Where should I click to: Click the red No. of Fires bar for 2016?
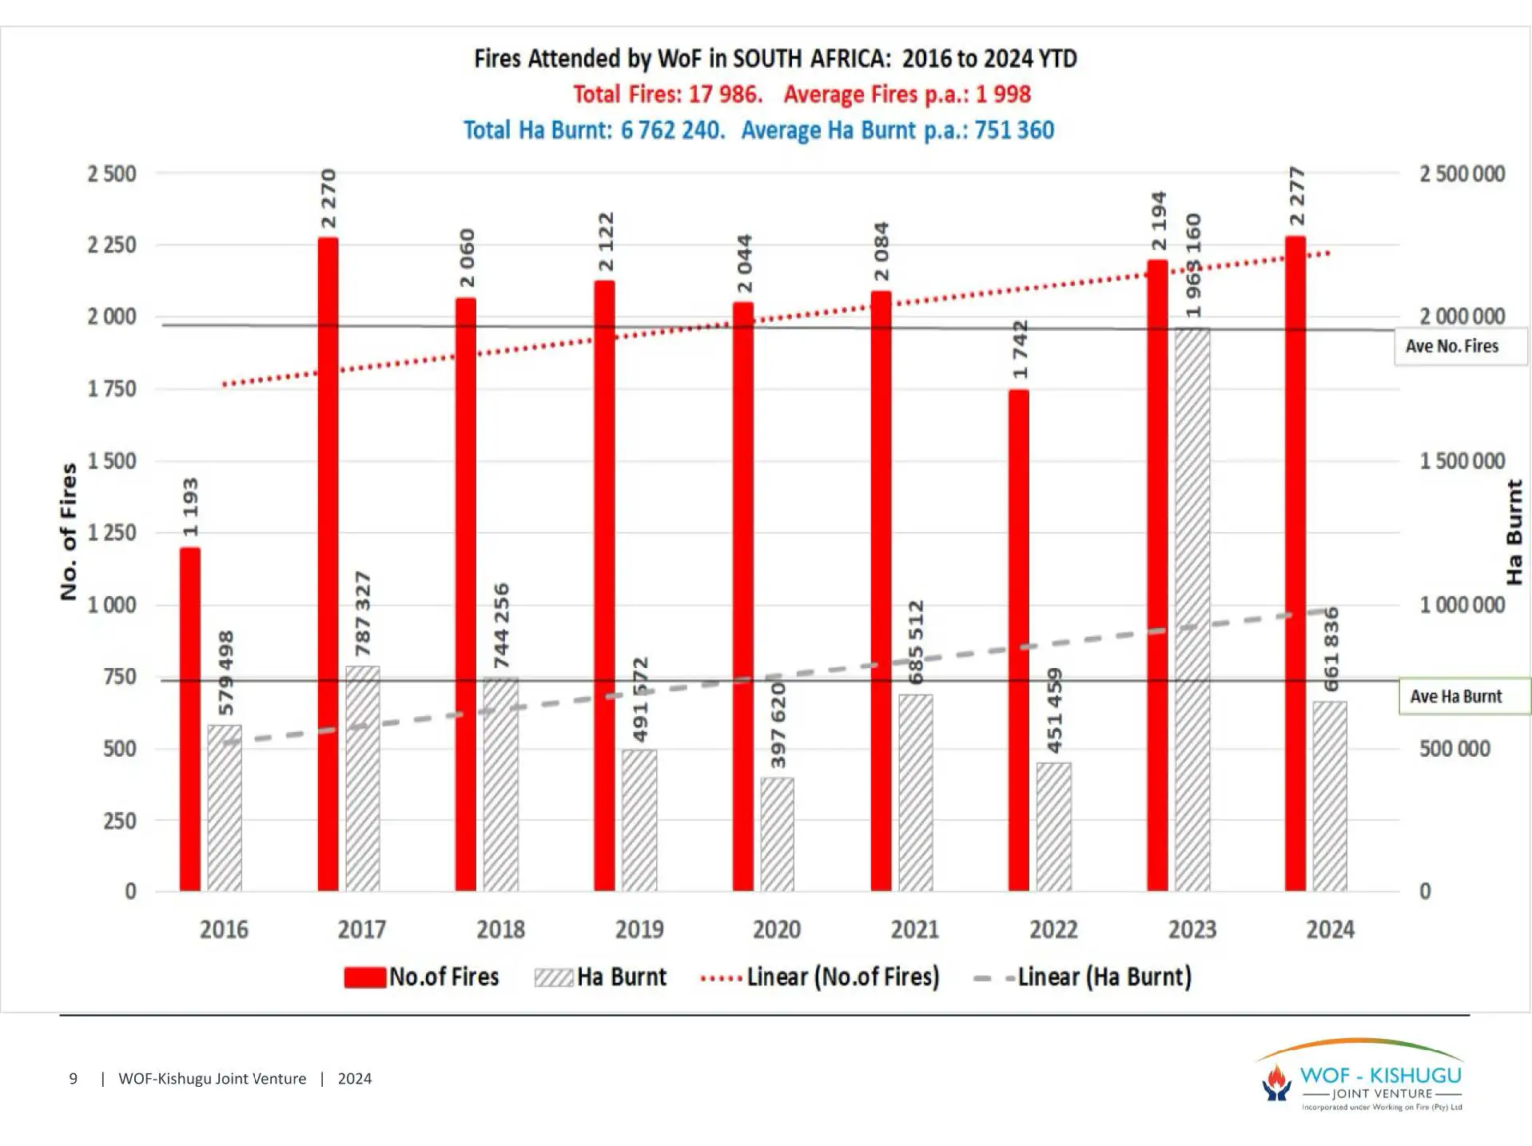189,719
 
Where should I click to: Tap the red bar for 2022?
1018,639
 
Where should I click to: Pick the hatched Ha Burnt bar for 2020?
777,834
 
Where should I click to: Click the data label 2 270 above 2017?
328,198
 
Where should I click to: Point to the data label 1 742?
1020,349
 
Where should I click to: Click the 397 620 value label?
778,725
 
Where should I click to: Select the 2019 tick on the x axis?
639,929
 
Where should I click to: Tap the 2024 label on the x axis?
1330,929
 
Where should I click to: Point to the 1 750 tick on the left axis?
112,389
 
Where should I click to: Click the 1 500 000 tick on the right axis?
1462,461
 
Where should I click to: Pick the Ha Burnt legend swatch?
554,977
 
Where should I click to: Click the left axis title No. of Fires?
69,531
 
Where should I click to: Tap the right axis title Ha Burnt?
1514,531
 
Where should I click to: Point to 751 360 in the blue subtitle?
1013,130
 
